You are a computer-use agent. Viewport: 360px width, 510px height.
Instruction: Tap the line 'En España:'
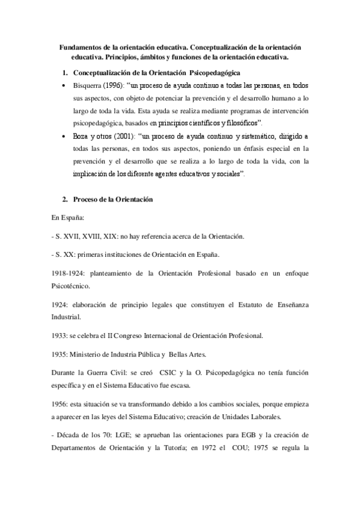pos(67,218)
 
